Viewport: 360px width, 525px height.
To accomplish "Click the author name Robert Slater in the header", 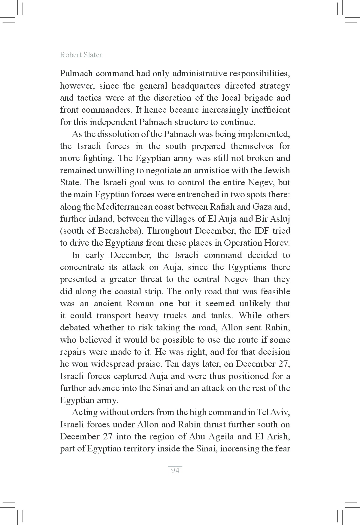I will click(x=81, y=55).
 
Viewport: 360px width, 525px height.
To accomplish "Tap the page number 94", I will click(x=175, y=470).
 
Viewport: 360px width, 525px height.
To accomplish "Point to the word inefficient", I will click(x=270, y=110).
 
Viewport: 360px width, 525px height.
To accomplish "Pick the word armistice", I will click(x=214, y=170).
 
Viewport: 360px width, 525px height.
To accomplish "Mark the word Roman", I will click(x=140, y=303).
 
